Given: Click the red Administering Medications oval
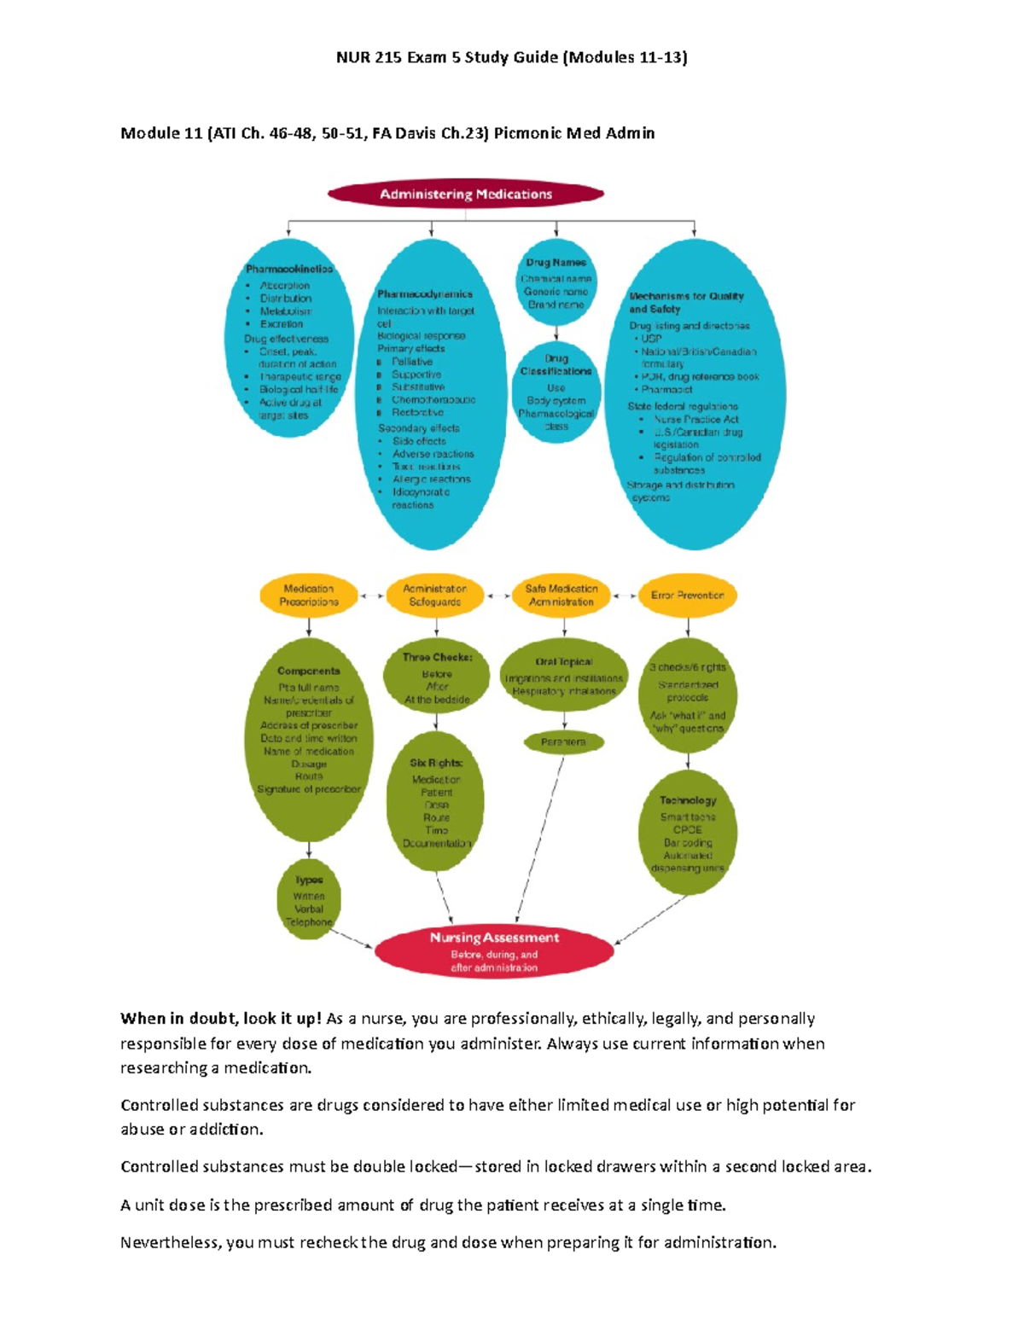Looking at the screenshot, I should point(465,195).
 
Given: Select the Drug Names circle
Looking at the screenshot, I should point(556,284).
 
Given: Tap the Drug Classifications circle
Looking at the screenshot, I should point(556,392).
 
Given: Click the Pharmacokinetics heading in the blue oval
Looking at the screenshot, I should point(288,269).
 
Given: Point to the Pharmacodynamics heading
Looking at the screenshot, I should point(425,294).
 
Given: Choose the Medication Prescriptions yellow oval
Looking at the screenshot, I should point(309,596).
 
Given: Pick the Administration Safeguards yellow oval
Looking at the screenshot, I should point(434,596).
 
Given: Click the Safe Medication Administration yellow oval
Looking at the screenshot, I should point(561,596).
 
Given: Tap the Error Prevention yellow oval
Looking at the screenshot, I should point(687,596).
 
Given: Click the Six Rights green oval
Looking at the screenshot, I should point(436,803).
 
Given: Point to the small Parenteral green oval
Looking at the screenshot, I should point(563,742).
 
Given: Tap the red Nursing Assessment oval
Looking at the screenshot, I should point(494,950).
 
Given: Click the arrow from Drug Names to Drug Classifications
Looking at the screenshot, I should point(556,333).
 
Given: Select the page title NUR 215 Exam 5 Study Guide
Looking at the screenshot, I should point(511,57).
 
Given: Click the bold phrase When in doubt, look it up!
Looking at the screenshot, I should point(221,1019).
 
